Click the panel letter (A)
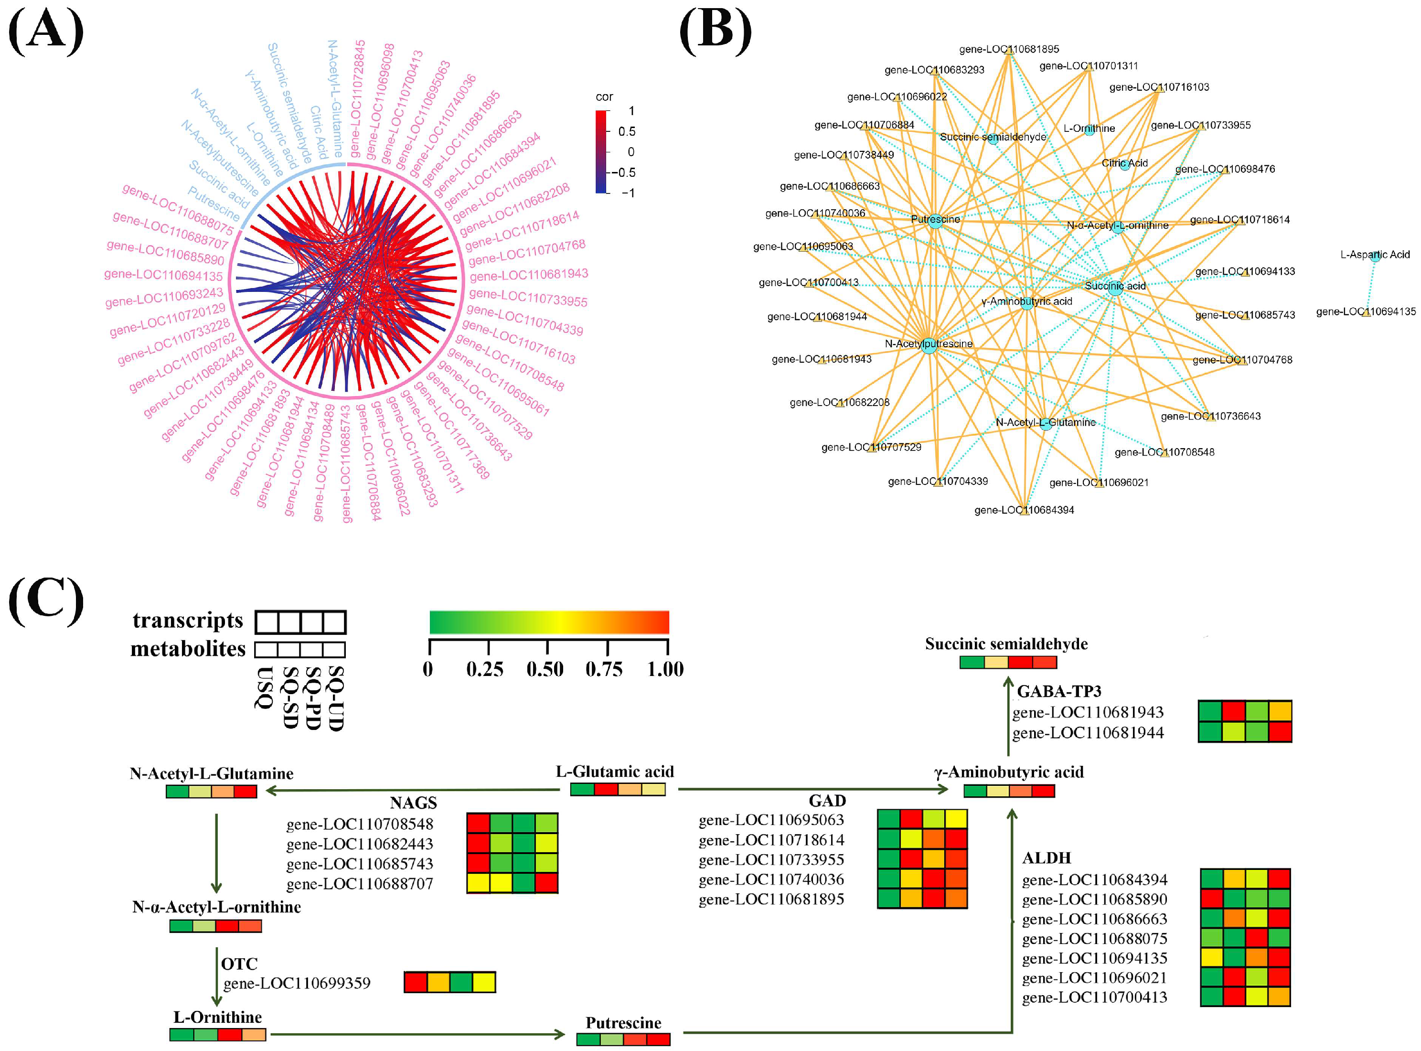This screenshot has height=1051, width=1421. (x=46, y=32)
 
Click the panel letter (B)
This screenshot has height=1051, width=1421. (x=716, y=32)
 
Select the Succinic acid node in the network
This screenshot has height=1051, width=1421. (x=1115, y=287)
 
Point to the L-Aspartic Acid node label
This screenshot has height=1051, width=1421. (x=1375, y=255)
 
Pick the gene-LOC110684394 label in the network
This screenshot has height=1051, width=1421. (x=1024, y=510)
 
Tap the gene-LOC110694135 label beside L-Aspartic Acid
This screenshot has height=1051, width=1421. (x=1366, y=312)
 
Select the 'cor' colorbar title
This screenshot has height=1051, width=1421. (x=604, y=97)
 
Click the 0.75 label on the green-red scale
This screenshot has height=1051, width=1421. (x=604, y=669)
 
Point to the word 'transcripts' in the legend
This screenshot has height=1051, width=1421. (x=188, y=620)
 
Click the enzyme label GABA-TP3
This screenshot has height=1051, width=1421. (x=1059, y=692)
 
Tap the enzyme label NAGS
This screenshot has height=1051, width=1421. (x=414, y=803)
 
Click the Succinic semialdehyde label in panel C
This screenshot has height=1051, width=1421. (x=1006, y=644)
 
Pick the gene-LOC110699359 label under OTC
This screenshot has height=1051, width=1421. (x=297, y=984)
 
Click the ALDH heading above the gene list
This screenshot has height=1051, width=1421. (x=1047, y=858)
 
